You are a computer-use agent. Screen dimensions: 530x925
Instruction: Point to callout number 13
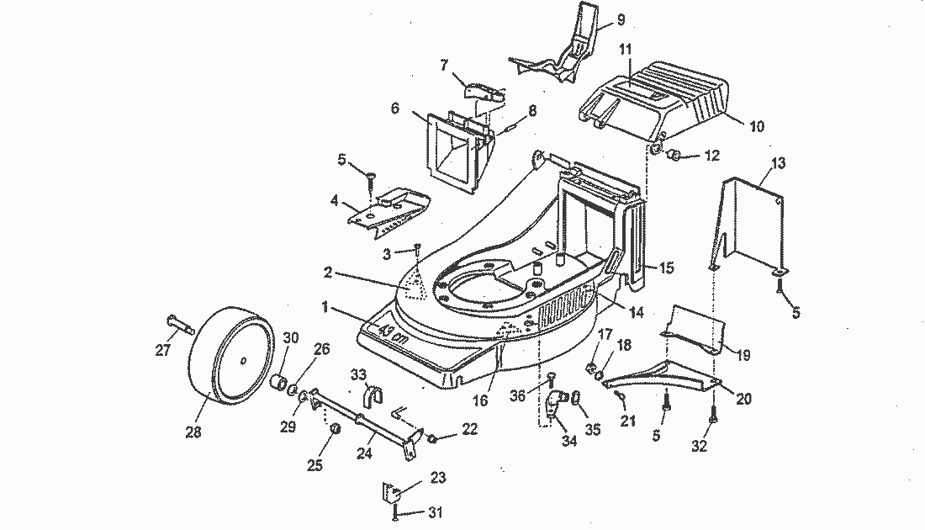(778, 162)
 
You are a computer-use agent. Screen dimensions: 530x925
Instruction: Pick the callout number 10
(757, 126)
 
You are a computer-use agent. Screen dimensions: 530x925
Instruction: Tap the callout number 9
(621, 19)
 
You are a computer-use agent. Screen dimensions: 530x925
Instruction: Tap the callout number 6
(394, 109)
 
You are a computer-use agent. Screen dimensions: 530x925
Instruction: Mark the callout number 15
(666, 268)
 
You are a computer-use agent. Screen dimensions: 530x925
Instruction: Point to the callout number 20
(743, 400)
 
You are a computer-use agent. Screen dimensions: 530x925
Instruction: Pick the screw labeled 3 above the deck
(416, 250)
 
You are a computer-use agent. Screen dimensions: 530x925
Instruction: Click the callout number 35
(593, 430)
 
